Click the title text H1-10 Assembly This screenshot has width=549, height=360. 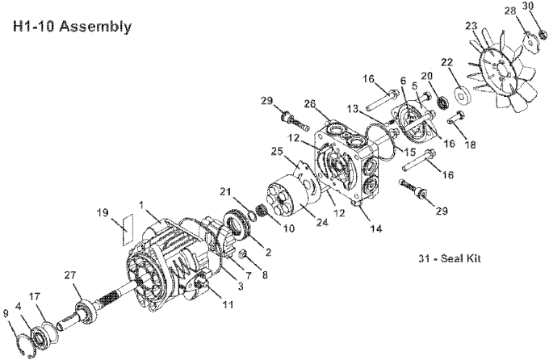[x=72, y=27]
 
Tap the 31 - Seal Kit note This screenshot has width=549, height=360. [x=450, y=258]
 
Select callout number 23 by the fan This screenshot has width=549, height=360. [x=471, y=26]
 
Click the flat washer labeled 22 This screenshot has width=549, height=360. [x=462, y=94]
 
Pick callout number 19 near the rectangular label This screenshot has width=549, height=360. [x=103, y=212]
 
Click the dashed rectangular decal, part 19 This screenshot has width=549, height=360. [x=128, y=229]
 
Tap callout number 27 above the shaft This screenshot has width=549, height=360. [x=69, y=275]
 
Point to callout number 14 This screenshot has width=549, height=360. [x=376, y=228]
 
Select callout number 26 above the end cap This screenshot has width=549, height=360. [x=309, y=104]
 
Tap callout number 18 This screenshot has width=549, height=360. [x=471, y=144]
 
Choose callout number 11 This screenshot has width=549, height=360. [x=228, y=304]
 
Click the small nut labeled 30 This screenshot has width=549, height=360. [x=543, y=35]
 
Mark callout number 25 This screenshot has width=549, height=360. [x=277, y=151]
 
